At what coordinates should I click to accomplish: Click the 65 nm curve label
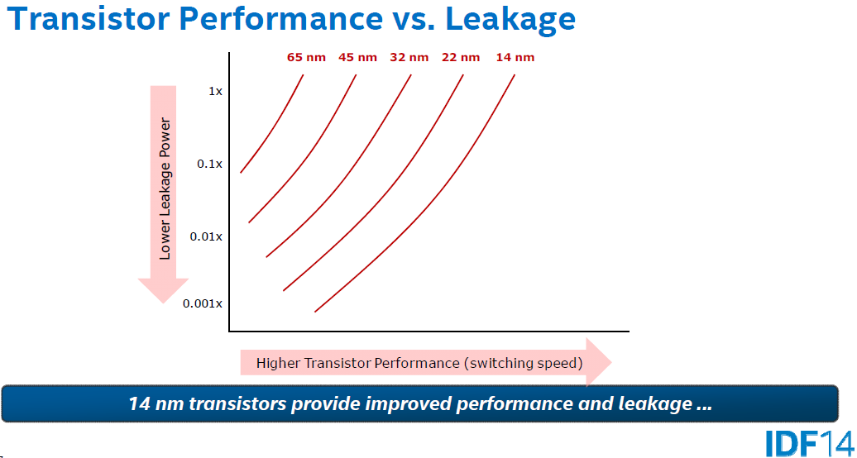(x=306, y=57)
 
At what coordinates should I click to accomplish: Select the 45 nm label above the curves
(x=357, y=57)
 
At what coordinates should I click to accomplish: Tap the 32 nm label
(x=409, y=57)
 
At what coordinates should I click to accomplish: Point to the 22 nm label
(x=461, y=57)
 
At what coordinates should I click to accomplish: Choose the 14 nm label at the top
(x=515, y=57)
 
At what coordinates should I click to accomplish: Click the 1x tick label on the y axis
(x=215, y=91)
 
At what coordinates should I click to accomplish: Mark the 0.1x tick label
(x=210, y=164)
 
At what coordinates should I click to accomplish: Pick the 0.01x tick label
(x=206, y=236)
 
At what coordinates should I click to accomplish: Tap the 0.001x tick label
(x=203, y=303)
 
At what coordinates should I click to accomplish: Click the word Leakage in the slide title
(x=511, y=20)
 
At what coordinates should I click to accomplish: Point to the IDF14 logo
(x=810, y=443)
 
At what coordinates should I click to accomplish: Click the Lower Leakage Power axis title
(x=165, y=188)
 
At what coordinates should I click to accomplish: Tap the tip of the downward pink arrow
(x=163, y=303)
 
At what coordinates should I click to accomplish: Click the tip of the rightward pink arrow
(x=611, y=362)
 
